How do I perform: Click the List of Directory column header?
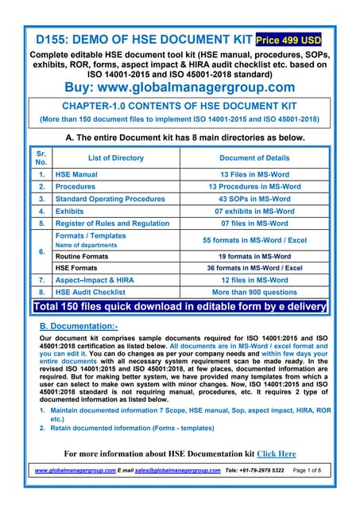point(115,157)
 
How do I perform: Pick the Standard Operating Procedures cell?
point(110,199)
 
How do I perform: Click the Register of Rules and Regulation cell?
point(112,224)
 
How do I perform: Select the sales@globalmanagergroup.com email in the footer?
point(176,471)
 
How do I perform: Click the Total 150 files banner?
point(180,307)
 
